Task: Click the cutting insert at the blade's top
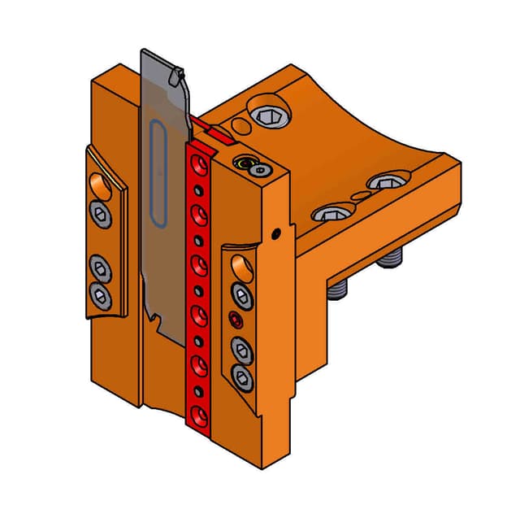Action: click(173, 77)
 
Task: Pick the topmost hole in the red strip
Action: click(196, 167)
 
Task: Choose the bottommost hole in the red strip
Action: click(199, 417)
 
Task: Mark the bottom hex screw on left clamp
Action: click(100, 294)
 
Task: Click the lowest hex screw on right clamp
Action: click(241, 375)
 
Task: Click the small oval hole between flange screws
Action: click(357, 198)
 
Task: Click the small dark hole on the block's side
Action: click(278, 233)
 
